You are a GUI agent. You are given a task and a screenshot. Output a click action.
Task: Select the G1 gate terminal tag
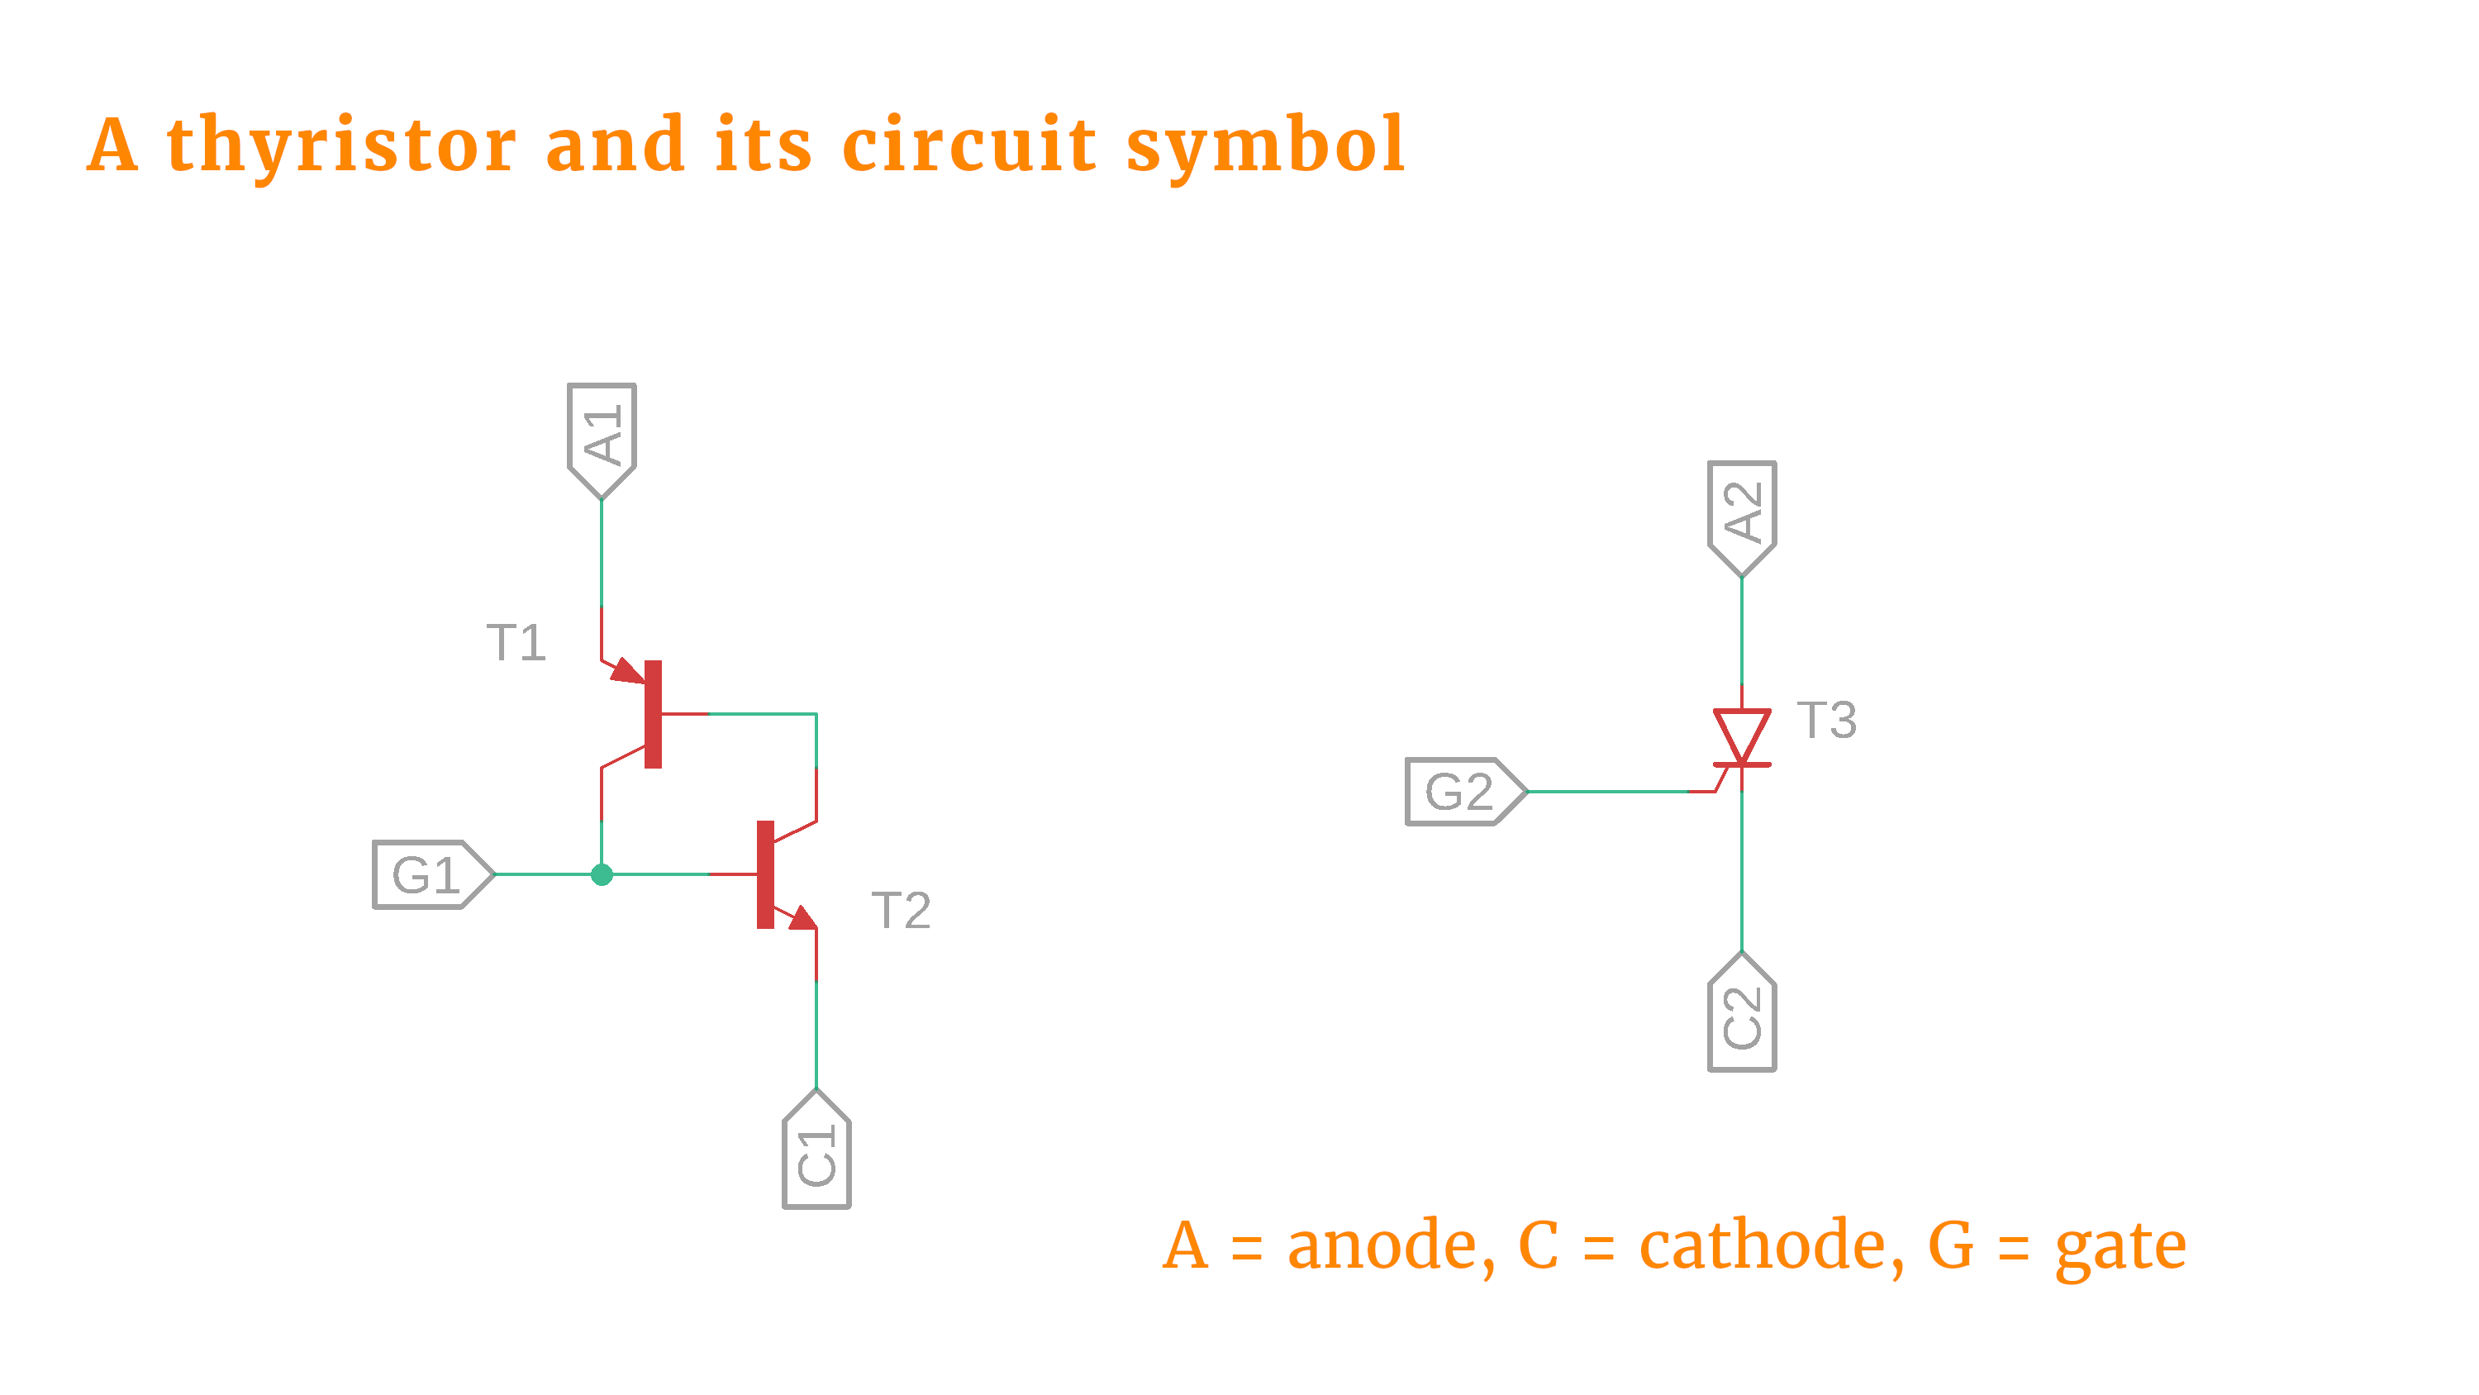point(431,874)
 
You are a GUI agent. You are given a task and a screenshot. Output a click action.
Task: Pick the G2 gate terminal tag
point(1463,792)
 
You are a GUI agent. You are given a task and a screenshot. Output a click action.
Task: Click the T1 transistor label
point(516,642)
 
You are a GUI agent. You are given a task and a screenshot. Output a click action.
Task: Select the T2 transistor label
point(901,910)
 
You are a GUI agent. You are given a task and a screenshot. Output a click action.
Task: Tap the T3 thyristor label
point(1826,719)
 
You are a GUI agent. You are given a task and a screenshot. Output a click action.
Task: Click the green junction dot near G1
point(602,874)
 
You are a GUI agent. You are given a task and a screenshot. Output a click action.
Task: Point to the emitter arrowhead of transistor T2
point(802,917)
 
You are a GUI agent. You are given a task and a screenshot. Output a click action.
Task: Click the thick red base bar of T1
point(654,713)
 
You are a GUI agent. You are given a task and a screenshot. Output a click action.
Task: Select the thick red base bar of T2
point(765,874)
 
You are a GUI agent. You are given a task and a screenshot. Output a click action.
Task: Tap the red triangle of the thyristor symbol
point(1741,734)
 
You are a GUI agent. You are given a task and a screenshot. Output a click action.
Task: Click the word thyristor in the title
point(341,145)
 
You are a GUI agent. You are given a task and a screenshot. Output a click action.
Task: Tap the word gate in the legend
point(2120,1247)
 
